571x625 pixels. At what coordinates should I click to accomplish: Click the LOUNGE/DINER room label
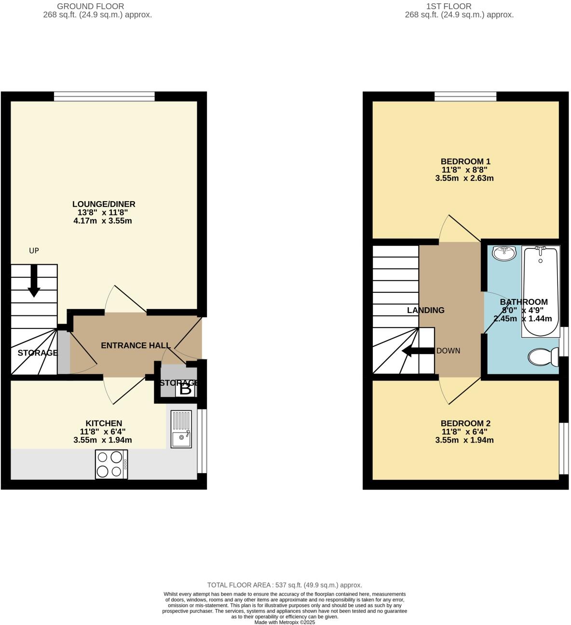click(x=104, y=204)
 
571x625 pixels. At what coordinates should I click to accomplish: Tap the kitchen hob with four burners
click(x=111, y=464)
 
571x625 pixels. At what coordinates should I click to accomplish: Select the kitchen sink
click(x=181, y=429)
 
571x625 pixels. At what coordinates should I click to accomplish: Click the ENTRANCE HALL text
click(x=136, y=345)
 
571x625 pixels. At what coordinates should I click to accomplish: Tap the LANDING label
click(x=425, y=310)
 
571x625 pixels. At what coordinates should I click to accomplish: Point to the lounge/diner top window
click(x=104, y=97)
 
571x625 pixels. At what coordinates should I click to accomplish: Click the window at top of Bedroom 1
click(x=465, y=97)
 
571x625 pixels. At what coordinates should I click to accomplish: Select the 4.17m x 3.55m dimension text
click(x=103, y=221)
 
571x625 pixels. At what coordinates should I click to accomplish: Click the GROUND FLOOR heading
click(x=90, y=6)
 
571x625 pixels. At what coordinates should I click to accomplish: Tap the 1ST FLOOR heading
click(x=449, y=6)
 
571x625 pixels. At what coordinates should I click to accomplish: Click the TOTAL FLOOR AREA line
click(x=285, y=585)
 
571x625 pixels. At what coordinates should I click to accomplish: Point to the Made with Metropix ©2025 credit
click(x=285, y=622)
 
